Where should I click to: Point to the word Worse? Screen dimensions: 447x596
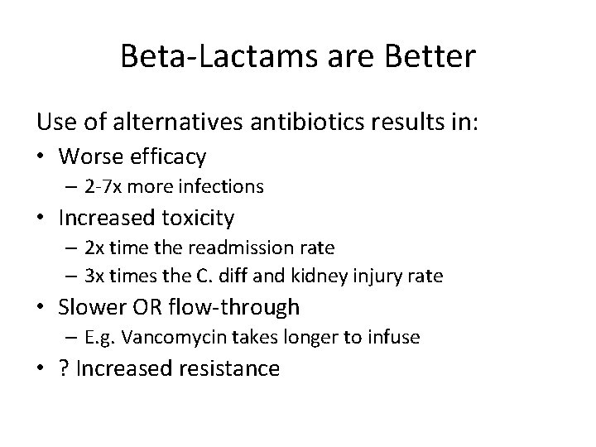pos(90,156)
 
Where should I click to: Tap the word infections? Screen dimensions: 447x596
pos(224,187)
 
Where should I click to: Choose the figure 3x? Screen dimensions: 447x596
pos(93,276)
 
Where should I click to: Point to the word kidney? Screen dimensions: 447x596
pos(309,276)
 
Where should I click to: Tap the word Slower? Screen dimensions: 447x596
pos(92,307)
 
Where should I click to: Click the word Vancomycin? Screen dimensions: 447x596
pos(159,338)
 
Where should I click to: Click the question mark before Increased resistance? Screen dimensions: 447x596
pos(63,368)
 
